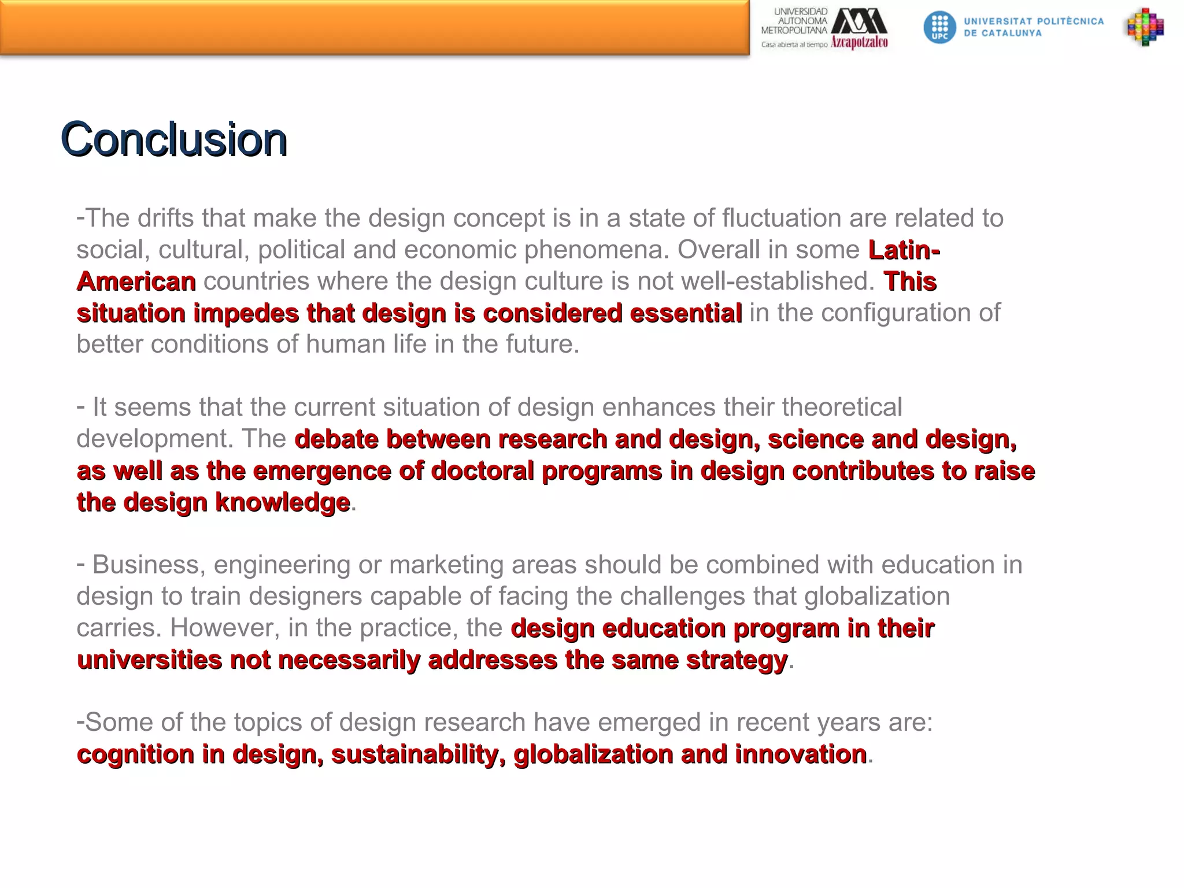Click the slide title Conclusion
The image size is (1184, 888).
[x=173, y=139]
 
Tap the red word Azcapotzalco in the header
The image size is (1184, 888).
[x=859, y=42]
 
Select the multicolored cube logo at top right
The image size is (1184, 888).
[x=1145, y=27]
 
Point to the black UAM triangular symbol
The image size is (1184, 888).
[x=859, y=21]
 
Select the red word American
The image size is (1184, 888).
[x=136, y=282]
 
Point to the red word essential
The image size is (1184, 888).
[x=686, y=313]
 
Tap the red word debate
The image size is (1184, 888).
[x=336, y=439]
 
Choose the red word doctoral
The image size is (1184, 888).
[x=483, y=471]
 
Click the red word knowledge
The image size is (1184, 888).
[x=283, y=502]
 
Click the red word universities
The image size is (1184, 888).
[x=149, y=660]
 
